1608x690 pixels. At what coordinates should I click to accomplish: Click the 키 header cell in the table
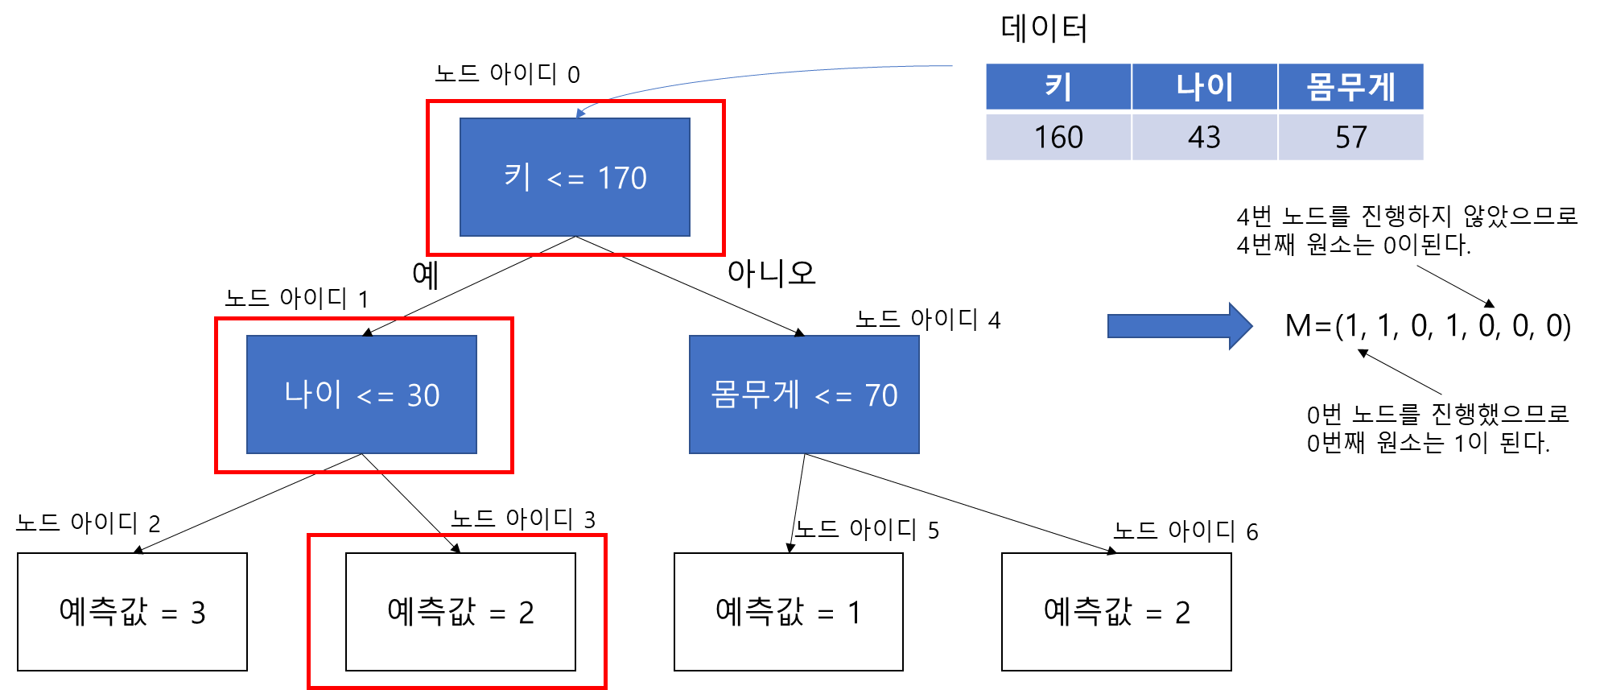click(1058, 86)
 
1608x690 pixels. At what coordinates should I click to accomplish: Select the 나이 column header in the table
click(1204, 86)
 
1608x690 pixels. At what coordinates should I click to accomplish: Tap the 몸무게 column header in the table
click(1350, 86)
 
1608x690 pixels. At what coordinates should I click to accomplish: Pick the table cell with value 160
click(1058, 137)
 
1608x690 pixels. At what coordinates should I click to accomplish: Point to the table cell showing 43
click(1204, 137)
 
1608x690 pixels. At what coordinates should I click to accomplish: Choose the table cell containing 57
click(1350, 137)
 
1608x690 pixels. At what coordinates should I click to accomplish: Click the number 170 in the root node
click(622, 178)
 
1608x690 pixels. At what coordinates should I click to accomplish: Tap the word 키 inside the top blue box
click(517, 176)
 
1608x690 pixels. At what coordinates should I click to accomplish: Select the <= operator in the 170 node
click(565, 180)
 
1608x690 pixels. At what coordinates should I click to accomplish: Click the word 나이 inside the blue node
click(313, 394)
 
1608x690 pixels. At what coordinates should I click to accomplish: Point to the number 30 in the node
click(423, 395)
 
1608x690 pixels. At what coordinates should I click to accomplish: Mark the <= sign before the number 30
click(375, 397)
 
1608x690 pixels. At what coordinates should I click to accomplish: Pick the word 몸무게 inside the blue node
click(755, 394)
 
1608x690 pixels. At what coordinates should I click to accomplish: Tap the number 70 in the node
click(881, 395)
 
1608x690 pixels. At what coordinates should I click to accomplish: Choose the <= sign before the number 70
click(833, 397)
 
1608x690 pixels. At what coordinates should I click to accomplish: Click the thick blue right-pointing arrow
click(1180, 326)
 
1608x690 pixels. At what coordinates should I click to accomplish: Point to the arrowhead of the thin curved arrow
click(580, 113)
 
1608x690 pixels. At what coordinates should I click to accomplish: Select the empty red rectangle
click(457, 610)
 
